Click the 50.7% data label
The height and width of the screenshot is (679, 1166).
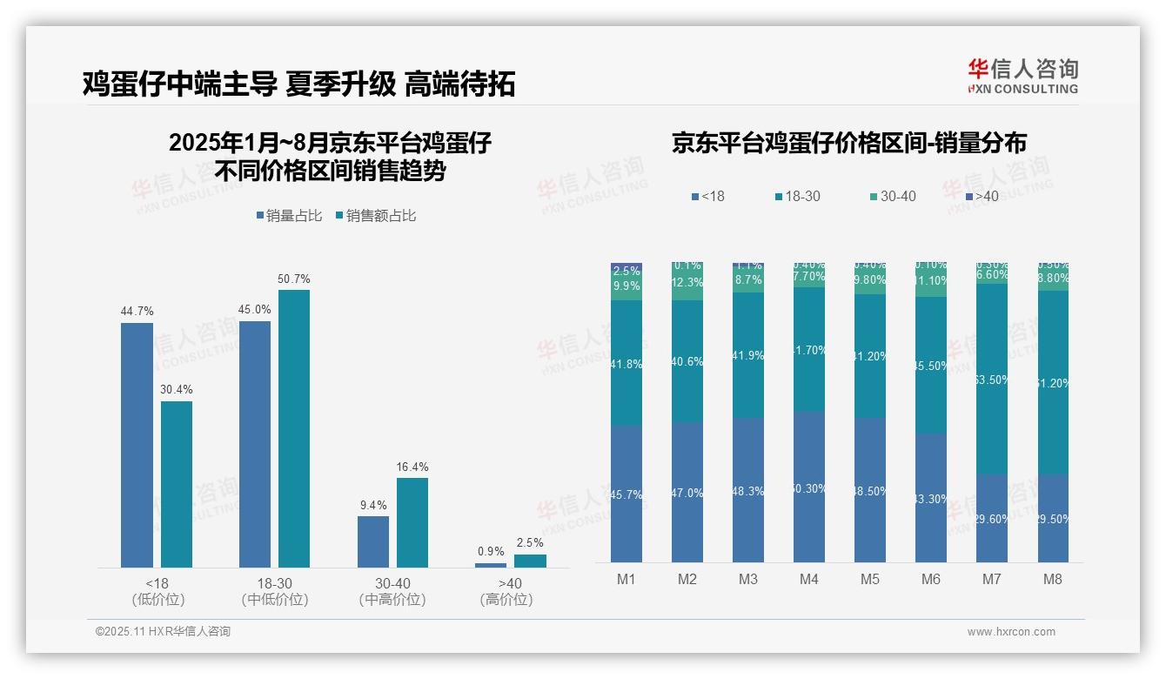[294, 279]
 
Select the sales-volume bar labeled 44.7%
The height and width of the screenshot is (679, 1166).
[137, 444]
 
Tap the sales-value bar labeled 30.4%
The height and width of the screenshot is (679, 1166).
[177, 483]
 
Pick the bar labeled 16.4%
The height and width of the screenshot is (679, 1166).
[412, 522]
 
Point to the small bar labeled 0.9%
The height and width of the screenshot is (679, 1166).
[491, 565]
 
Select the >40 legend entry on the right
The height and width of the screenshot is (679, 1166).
[981, 197]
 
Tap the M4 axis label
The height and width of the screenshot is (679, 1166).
[809, 579]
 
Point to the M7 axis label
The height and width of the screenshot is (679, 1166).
[992, 579]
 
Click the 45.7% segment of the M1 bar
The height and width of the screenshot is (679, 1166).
[627, 494]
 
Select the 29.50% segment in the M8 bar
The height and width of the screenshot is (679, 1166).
[1053, 518]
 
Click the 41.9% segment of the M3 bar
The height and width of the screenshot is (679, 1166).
[748, 355]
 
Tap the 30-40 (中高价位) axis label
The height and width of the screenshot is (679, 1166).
[392, 591]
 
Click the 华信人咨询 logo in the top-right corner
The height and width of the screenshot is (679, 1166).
[1022, 76]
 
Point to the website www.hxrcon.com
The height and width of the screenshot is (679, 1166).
[1011, 632]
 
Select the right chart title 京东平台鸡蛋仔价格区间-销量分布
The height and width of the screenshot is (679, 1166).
[848, 144]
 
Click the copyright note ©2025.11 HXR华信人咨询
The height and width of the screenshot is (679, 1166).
[164, 632]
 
